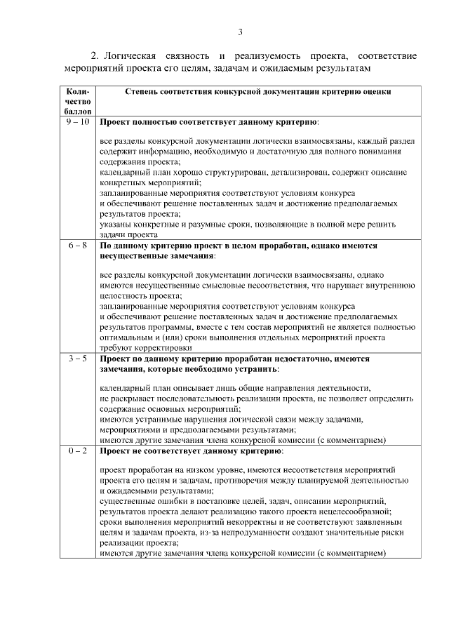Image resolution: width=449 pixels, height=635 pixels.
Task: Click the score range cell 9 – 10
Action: tap(78, 121)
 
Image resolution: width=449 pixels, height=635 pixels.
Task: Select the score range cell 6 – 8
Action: tap(78, 246)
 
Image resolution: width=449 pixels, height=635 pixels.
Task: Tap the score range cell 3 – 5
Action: tap(78, 358)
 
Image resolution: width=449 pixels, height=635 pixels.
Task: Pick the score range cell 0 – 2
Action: tap(78, 450)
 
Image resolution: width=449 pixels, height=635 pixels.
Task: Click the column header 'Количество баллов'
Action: tap(77, 101)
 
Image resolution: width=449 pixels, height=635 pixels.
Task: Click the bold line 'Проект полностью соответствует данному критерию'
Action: tap(208, 121)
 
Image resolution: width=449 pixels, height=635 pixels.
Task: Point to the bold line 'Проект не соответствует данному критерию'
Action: tap(191, 450)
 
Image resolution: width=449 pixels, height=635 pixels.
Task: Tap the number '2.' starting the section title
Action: tap(96, 55)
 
